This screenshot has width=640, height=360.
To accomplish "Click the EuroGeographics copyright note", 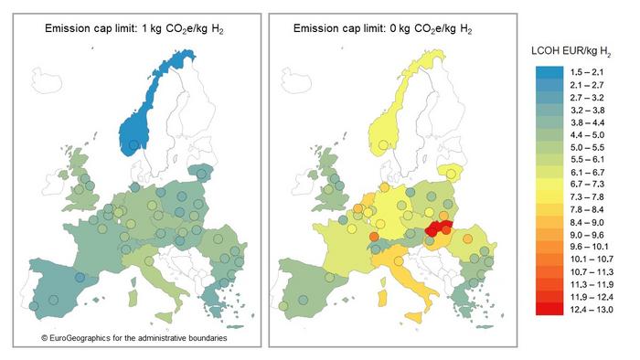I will pos(133,338).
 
